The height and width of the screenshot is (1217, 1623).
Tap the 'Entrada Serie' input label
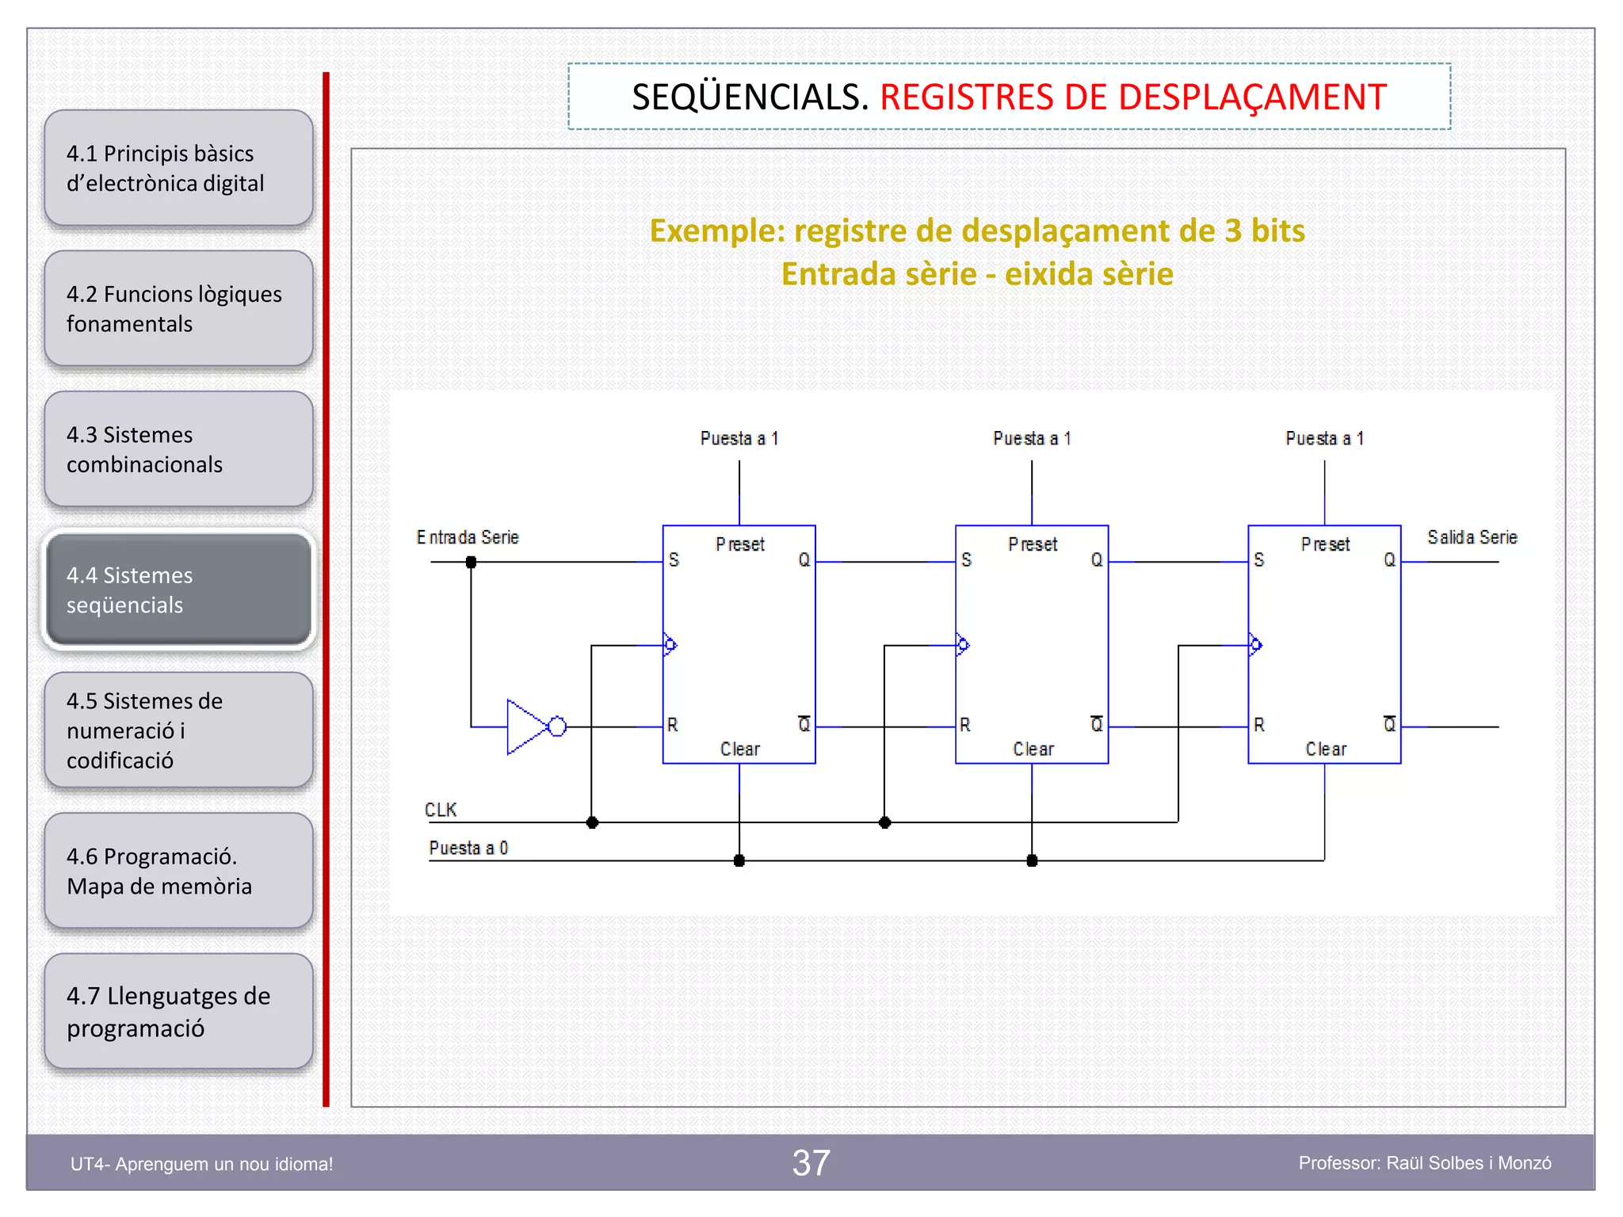(468, 537)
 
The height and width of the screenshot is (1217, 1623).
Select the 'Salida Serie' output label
(1472, 537)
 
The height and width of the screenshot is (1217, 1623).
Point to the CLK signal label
(441, 810)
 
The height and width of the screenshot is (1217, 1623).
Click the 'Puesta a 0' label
(468, 848)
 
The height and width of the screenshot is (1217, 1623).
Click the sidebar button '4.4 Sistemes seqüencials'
(179, 589)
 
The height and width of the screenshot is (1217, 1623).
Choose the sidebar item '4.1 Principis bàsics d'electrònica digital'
(179, 168)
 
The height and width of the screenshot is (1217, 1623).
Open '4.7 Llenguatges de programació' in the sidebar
(179, 1012)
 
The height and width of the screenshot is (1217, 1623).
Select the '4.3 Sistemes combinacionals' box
(179, 449)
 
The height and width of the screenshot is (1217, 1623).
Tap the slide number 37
(811, 1163)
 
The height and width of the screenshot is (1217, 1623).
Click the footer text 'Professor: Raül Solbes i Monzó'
(1424, 1163)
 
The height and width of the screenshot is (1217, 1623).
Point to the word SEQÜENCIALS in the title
(750, 97)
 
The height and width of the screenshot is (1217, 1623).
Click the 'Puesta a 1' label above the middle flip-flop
(1032, 438)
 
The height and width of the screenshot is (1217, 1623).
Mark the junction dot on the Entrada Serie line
(471, 562)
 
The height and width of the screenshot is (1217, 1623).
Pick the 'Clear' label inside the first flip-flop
(739, 749)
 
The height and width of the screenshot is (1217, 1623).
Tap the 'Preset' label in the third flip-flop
(1325, 544)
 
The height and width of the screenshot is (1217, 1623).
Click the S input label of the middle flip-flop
(966, 560)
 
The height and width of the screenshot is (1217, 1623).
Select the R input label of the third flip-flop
(1258, 725)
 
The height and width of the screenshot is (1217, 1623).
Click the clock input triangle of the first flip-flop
(670, 645)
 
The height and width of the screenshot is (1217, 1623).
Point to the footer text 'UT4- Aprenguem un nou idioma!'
(202, 1164)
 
